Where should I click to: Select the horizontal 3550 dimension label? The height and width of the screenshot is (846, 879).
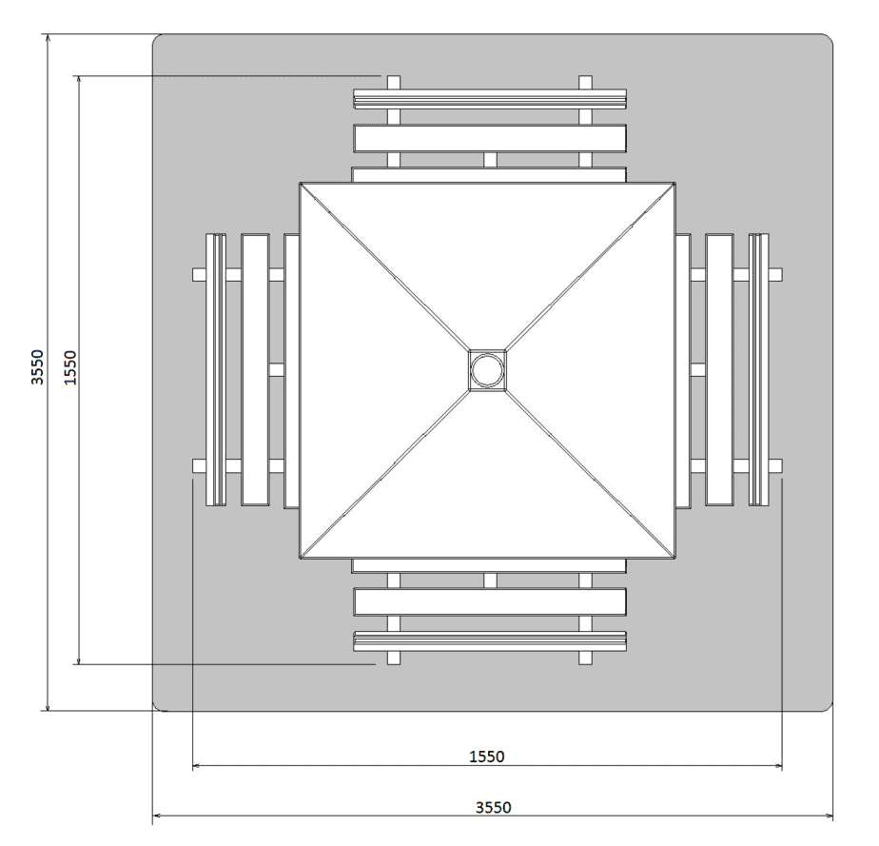(494, 807)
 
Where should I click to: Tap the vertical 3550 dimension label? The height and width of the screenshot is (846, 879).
(37, 367)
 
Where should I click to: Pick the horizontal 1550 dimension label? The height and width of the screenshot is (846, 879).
(487, 757)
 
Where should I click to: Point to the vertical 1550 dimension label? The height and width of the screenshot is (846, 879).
(70, 367)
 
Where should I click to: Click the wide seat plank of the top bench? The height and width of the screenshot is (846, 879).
(490, 139)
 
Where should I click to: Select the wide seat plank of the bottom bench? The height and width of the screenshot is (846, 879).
(490, 602)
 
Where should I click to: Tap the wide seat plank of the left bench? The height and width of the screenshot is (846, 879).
(255, 370)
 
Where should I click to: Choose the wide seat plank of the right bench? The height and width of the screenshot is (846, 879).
(719, 370)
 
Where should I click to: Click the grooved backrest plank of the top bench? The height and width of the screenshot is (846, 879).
(490, 99)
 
